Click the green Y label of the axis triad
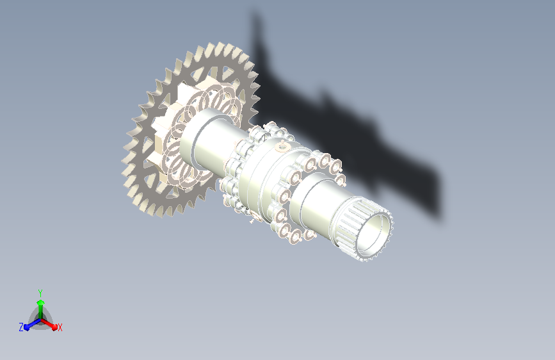tap(40, 293)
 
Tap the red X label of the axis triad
tap(60, 327)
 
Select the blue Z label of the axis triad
tap(21, 327)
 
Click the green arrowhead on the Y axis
tap(41, 303)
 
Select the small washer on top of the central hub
tap(282, 145)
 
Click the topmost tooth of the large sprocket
tap(220, 47)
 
